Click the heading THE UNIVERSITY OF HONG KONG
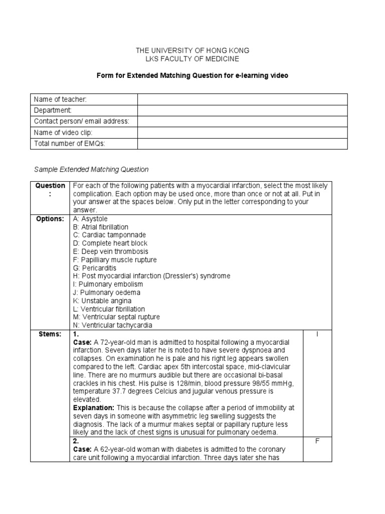coord(192,51)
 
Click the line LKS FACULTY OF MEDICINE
coord(192,59)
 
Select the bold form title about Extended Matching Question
coord(192,75)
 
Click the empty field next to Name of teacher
coord(242,99)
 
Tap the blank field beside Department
coord(242,110)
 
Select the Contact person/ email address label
coord(81,121)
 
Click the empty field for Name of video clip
coord(242,133)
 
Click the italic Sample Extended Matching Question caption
coord(91,170)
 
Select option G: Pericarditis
coord(95,268)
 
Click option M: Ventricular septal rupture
coord(116,317)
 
